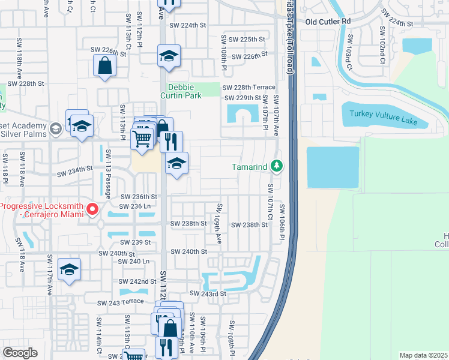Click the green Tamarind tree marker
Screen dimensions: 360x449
[276, 165]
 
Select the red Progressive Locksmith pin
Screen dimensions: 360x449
[92, 209]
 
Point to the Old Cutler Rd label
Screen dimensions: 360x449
[327, 22]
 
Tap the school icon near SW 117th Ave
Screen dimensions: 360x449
[70, 269]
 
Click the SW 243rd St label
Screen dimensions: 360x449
[208, 293]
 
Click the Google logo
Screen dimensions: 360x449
[20, 353]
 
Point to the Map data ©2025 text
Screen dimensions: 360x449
[423, 355]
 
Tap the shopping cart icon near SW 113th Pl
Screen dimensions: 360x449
[142, 138]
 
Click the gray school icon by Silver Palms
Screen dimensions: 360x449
[55, 128]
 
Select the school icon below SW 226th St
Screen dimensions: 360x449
[169, 57]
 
